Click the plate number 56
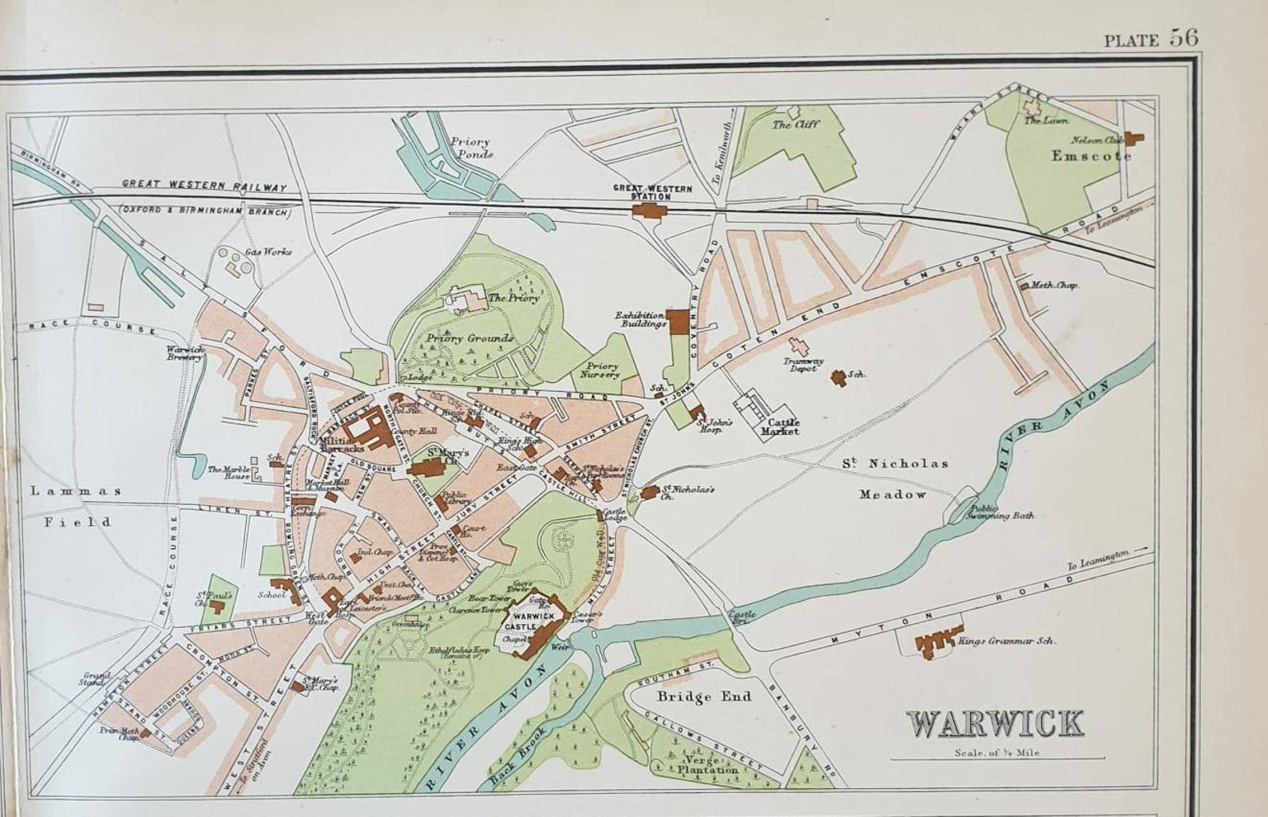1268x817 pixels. [x=1184, y=38]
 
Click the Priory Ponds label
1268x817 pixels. [x=470, y=148]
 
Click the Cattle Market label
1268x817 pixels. [x=779, y=426]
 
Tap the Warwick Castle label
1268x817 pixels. [x=533, y=622]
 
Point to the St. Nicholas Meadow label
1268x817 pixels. [x=894, y=478]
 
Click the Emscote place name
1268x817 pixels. [x=1091, y=156]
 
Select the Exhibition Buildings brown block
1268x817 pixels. [x=677, y=321]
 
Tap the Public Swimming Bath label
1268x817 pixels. [x=1001, y=511]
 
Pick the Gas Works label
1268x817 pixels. [x=268, y=252]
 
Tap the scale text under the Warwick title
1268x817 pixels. [x=996, y=752]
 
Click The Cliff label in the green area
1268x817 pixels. [x=795, y=124]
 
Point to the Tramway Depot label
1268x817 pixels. [x=802, y=365]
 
